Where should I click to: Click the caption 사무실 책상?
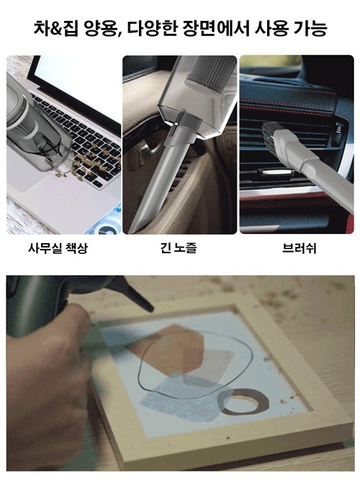point(58,248)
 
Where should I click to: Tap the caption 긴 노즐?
point(179,248)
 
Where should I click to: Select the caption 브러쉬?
point(299,248)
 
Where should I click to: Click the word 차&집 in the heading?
point(57,29)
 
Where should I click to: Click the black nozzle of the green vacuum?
point(135,294)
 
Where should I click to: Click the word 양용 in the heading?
point(101,29)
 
